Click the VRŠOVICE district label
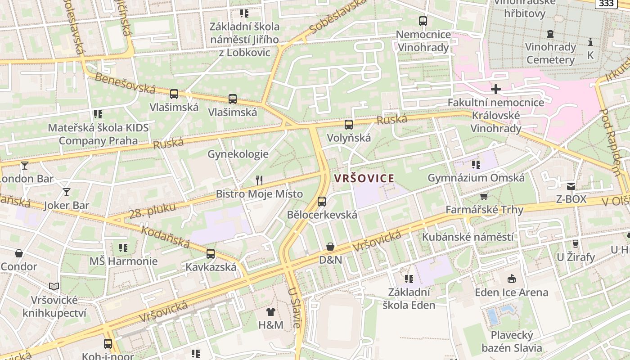(364, 178)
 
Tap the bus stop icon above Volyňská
(349, 125)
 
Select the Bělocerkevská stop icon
(321, 201)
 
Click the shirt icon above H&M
(270, 311)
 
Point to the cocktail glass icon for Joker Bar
(67, 192)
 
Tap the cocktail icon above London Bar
(24, 166)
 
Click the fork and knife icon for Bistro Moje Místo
(259, 180)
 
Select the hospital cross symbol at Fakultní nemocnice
(495, 89)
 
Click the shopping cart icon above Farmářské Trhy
(484, 197)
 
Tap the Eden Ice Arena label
(512, 292)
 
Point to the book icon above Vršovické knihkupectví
(54, 286)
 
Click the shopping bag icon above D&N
(330, 247)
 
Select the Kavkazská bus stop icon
(211, 253)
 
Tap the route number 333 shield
(606, 4)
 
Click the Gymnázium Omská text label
(476, 178)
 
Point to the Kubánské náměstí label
(468, 237)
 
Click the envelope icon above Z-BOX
(571, 186)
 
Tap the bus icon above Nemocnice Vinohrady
(423, 21)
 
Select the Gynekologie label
(238, 154)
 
